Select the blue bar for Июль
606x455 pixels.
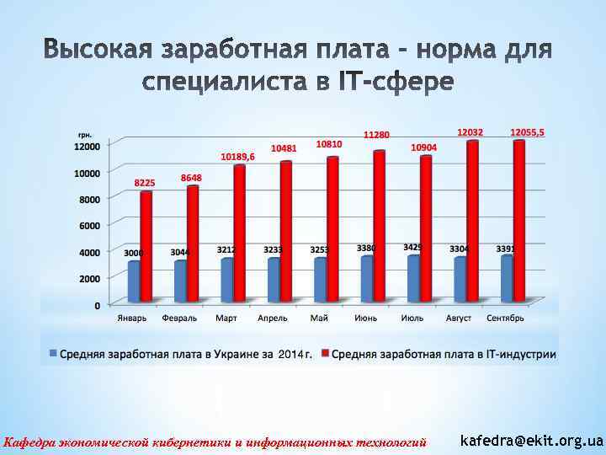coord(412,278)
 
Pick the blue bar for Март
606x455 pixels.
coord(226,280)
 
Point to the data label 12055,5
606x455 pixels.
coord(527,132)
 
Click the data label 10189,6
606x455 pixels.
coord(237,157)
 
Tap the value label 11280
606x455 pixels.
coord(376,135)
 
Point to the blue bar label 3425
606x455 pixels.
coord(412,247)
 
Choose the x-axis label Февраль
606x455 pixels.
coord(179,318)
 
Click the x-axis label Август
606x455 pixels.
coord(459,318)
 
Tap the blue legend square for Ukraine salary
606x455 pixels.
coord(54,354)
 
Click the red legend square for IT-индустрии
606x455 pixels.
coord(325,354)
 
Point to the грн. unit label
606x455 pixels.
coord(85,135)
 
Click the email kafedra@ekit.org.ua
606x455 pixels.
coord(532,441)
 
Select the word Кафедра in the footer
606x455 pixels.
coord(27,442)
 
